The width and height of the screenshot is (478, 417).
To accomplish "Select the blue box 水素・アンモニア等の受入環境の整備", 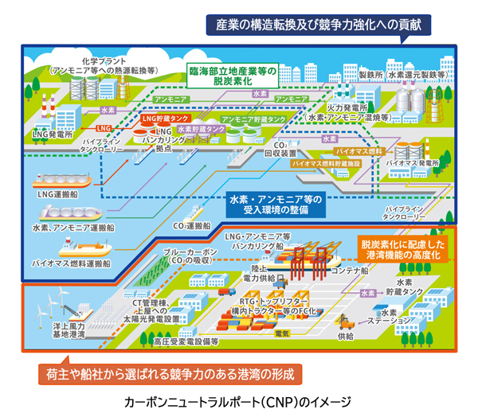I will pos(276,205).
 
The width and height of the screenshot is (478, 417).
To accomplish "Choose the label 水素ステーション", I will pos(396,319).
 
